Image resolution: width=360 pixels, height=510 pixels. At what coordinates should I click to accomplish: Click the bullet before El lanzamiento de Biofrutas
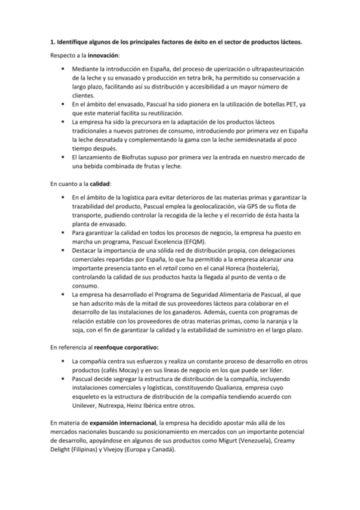[63, 158]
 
